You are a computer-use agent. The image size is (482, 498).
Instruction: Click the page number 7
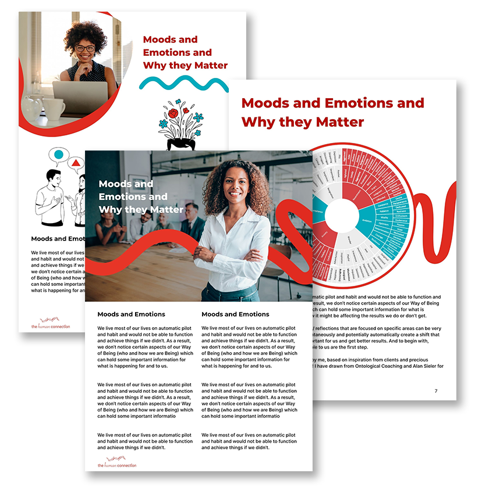(x=435, y=391)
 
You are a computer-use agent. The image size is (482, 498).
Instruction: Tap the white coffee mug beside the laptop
(x=54, y=108)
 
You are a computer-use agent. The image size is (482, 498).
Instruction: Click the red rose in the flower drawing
(x=173, y=113)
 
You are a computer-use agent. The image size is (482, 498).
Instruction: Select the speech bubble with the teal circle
(x=58, y=155)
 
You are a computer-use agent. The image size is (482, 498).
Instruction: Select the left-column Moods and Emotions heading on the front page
(x=131, y=314)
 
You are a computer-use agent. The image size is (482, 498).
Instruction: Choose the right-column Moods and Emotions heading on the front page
(x=235, y=314)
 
